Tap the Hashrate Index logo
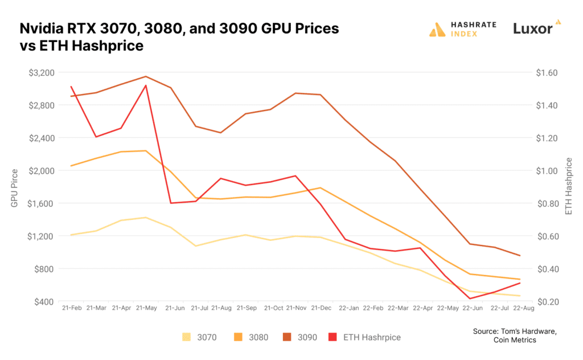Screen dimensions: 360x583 (462, 29)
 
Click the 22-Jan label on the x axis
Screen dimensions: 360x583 (348, 308)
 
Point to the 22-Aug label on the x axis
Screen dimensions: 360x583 (524, 308)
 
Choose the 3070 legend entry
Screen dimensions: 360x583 (203, 337)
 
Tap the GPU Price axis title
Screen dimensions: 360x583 (15, 187)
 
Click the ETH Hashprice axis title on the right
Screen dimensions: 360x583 (568, 187)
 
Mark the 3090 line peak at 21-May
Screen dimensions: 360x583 (146, 76)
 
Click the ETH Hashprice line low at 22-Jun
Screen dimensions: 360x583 (471, 298)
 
